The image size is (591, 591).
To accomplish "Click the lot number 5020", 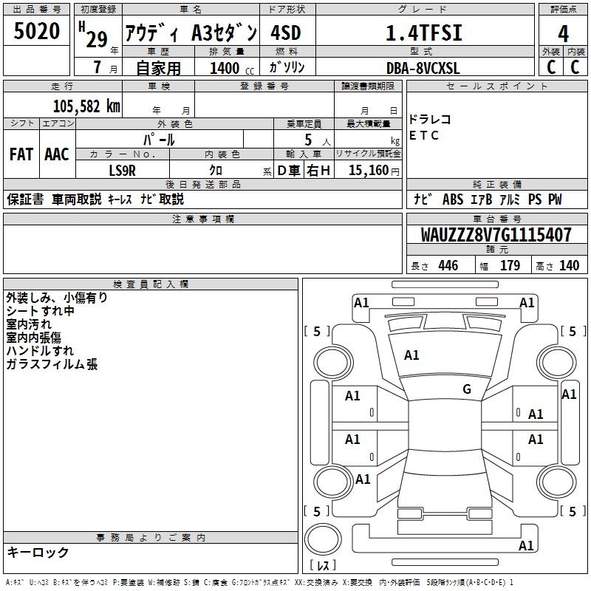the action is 36,31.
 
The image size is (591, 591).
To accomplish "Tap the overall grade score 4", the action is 563,34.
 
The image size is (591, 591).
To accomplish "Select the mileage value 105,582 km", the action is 86,106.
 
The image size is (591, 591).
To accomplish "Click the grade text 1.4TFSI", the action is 424,33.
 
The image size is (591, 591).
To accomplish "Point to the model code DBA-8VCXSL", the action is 423,68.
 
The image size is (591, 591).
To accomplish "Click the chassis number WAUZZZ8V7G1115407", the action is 496,235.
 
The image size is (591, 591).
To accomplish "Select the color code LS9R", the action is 122,171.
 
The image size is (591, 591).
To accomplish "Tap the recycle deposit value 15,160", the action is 369,170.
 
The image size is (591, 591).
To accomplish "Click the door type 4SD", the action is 286,33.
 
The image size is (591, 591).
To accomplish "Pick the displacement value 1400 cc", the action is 232,68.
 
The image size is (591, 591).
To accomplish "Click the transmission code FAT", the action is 21,154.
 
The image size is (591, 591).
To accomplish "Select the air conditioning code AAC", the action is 57,154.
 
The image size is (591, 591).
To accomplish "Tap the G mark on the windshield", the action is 467,389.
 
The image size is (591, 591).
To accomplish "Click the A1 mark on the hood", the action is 411,355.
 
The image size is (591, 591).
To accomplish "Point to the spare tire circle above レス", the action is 323,539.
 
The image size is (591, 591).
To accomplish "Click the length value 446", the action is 448,266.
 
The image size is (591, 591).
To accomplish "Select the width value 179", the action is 510,266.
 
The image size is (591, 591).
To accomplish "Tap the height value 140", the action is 569,266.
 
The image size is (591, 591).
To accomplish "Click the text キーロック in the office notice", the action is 38,552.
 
